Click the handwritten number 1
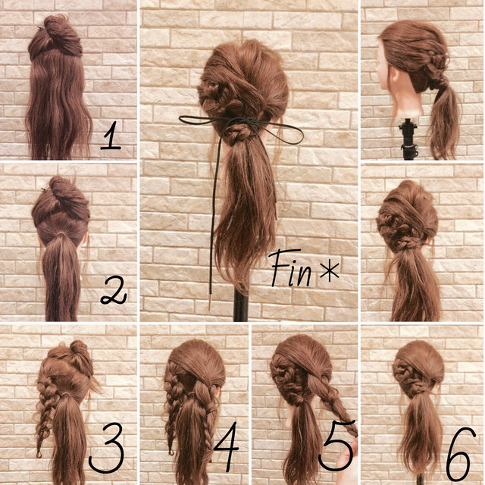[x=111, y=136]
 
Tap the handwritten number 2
[x=114, y=290]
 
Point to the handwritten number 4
[x=227, y=446]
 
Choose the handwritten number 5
[x=336, y=445]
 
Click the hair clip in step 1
[x=41, y=29]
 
